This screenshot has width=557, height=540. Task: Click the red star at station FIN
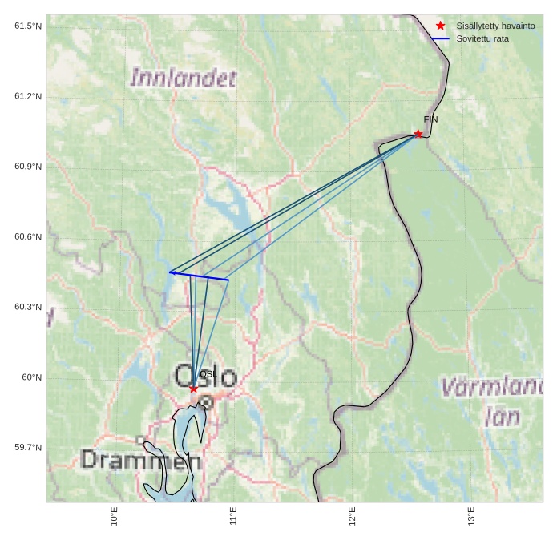[x=418, y=134]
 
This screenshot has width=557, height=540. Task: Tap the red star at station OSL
[x=193, y=389]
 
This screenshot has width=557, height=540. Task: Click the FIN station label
[x=430, y=119]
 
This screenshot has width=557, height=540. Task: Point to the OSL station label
[x=207, y=374]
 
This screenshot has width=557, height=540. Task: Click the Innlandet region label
[x=184, y=78]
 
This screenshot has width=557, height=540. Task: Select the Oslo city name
[x=205, y=376]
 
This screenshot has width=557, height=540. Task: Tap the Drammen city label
[x=141, y=460]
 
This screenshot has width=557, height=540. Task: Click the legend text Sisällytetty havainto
[x=495, y=26]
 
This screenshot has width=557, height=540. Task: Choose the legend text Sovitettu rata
[x=482, y=38]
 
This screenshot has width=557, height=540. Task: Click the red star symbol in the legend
[x=440, y=26]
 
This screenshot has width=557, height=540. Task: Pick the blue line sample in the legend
[x=440, y=38]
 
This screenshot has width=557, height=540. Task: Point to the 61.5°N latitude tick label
[x=28, y=26]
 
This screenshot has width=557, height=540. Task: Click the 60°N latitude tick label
[x=31, y=377]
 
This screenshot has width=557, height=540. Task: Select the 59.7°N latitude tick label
[x=28, y=447]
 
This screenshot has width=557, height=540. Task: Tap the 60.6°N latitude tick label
[x=28, y=237]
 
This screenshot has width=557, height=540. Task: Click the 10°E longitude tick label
[x=115, y=516]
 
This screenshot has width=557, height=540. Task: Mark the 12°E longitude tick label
[x=352, y=516]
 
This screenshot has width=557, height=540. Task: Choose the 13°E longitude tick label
[x=471, y=516]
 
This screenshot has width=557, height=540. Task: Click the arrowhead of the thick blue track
[x=171, y=272]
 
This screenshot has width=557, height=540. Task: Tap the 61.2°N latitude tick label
[x=28, y=97]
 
